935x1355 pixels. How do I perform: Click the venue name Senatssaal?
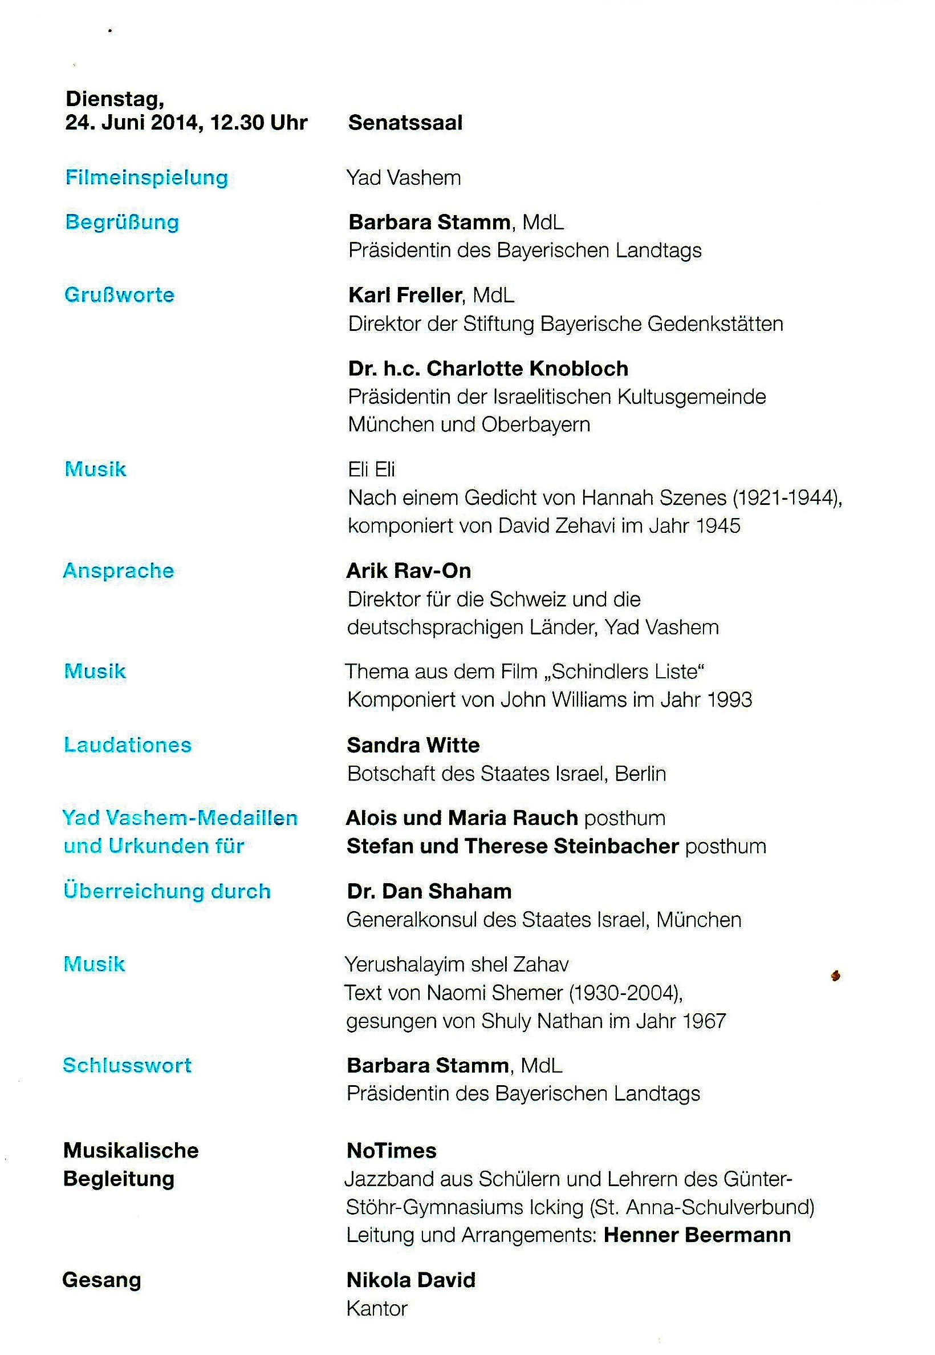[x=405, y=123]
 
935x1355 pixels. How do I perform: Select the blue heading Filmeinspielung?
[x=147, y=177]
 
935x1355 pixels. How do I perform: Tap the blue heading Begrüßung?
[x=122, y=222]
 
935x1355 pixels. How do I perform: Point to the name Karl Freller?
[x=405, y=295]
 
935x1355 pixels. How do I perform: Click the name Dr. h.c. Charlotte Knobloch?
[x=488, y=369]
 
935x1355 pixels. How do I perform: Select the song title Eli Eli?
[x=371, y=470]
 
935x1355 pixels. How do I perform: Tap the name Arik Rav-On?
[x=409, y=571]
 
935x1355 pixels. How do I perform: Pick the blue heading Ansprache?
[x=119, y=571]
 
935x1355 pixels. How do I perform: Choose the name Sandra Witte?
[x=413, y=746]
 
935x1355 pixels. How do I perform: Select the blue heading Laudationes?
[x=128, y=745]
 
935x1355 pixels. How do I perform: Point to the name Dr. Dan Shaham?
[x=429, y=891]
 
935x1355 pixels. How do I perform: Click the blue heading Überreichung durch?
[x=167, y=891]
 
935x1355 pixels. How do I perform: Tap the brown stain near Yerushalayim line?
[x=836, y=976]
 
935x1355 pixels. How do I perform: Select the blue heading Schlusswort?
[x=127, y=1066]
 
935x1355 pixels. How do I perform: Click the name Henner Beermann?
[x=697, y=1235]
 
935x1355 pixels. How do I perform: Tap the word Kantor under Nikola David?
[x=377, y=1309]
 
